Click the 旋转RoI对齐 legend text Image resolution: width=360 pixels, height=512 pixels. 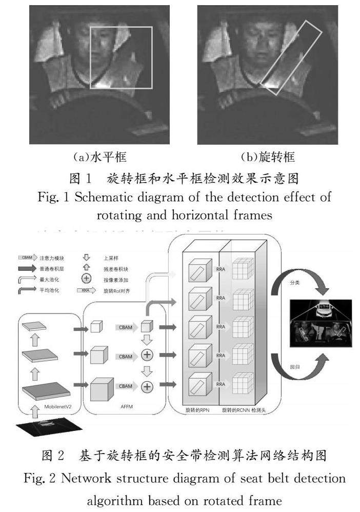pos(122,290)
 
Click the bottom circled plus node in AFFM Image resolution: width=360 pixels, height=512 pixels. pos(147,386)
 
